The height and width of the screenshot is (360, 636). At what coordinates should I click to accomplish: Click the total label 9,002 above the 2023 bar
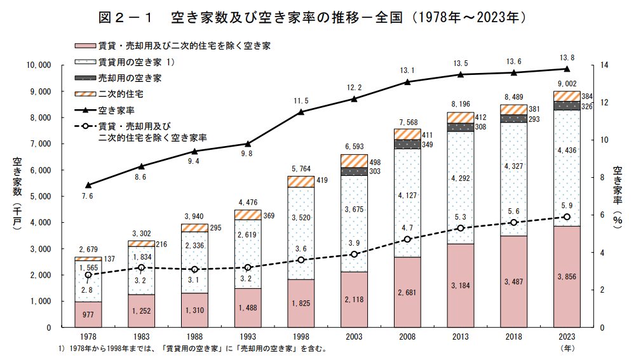[x=567, y=83]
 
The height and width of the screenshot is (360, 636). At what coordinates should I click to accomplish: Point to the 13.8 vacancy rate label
[x=567, y=58]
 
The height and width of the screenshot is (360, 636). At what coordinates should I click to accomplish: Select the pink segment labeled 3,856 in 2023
[x=567, y=277]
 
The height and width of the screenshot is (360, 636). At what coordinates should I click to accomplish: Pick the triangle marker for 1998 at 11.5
[x=301, y=112]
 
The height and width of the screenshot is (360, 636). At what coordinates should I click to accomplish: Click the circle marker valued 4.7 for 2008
[x=408, y=239]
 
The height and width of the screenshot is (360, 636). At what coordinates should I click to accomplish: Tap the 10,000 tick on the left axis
[x=37, y=65]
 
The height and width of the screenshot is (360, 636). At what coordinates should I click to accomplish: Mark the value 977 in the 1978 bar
[x=88, y=314]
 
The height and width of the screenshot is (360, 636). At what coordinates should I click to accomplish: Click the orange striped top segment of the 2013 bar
[x=461, y=117]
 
